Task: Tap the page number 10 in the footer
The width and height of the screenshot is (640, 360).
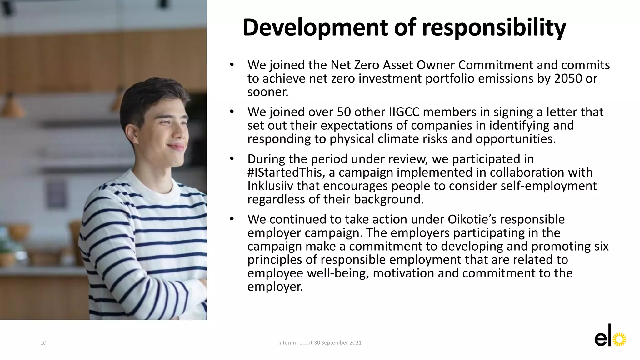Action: click(x=43, y=343)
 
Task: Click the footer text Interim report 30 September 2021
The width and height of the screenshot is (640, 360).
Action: click(x=320, y=343)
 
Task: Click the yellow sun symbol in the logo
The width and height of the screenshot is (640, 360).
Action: click(x=619, y=340)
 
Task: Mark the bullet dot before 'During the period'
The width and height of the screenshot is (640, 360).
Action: click(x=232, y=159)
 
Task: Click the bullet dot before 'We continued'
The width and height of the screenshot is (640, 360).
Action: click(x=232, y=219)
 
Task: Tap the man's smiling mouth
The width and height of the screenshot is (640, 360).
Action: click(x=176, y=146)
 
